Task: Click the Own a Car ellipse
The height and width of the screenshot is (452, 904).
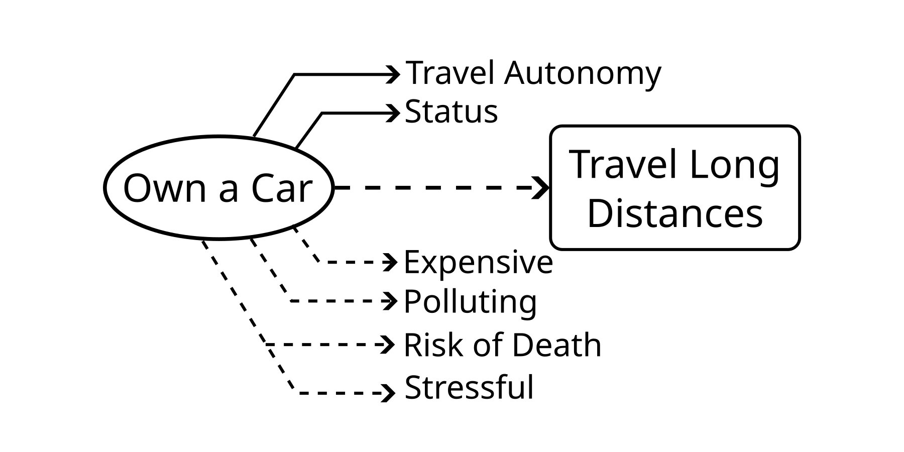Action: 218,187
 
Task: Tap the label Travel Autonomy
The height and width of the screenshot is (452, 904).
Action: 533,73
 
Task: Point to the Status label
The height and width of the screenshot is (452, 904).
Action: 451,111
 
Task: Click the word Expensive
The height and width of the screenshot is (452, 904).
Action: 478,262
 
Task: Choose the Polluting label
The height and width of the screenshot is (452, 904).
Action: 470,301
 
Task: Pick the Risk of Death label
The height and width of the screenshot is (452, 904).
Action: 502,345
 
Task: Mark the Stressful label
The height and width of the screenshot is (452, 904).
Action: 469,388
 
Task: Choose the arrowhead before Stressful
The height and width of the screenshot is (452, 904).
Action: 389,393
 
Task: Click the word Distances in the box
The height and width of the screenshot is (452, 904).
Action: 674,213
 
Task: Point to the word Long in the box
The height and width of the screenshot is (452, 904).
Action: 734,165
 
